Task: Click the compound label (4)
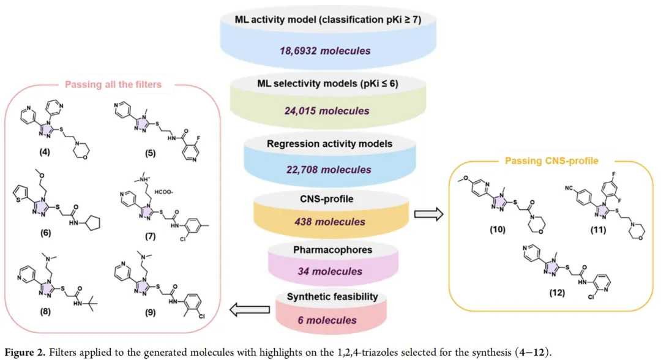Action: pos(45,152)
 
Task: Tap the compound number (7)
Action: pos(151,236)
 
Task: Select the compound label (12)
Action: pos(557,293)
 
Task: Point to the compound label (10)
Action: pos(498,230)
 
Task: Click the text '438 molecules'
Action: pos(330,222)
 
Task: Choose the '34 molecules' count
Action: pos(330,271)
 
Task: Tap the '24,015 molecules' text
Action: pos(327,111)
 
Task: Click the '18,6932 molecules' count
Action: pos(325,51)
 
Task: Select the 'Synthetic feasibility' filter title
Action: pos(332,297)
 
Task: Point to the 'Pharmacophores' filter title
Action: pos(332,250)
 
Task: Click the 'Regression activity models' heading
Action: pos(330,144)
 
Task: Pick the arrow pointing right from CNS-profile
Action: pos(428,214)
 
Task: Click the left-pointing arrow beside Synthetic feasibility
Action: pos(250,310)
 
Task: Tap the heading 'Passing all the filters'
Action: pos(113,84)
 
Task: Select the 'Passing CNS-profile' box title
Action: pos(551,161)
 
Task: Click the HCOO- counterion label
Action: pos(163,192)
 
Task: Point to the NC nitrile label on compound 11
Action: pos(569,188)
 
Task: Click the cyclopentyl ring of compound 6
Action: pos(93,222)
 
